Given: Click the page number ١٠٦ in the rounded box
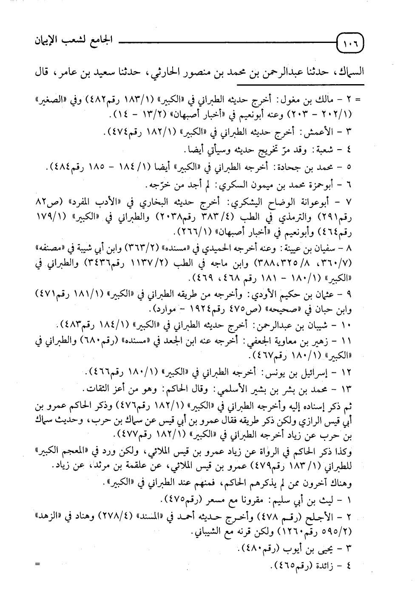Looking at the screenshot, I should tap(349, 43).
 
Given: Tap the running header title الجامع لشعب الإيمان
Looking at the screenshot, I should tap(66, 42).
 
